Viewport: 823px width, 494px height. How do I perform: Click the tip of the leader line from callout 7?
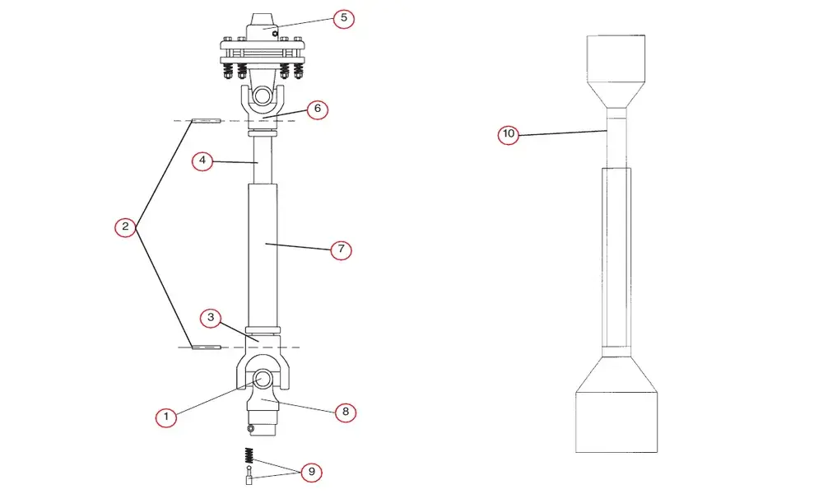coord(266,243)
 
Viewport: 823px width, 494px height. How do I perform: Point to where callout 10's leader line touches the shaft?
coord(607,130)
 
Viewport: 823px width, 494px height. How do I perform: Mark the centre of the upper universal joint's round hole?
coord(262,96)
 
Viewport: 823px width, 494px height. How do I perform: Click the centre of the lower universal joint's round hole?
coord(263,378)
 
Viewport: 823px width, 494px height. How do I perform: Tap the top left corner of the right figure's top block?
coord(587,35)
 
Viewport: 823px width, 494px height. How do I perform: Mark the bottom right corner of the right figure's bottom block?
coord(657,452)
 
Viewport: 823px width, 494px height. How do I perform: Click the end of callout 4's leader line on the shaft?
coord(258,163)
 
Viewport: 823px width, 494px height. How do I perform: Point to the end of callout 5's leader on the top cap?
coord(263,28)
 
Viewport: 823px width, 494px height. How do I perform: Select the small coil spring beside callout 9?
coord(249,455)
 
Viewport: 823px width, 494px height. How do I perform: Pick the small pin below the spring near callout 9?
coord(249,476)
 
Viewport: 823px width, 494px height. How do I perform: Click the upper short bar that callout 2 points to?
coord(207,121)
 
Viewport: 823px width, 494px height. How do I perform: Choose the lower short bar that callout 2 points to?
coord(207,347)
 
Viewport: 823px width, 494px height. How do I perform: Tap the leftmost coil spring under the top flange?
coord(228,69)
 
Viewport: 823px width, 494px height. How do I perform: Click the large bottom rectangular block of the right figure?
coord(616,422)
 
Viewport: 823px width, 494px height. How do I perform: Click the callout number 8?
coord(346,412)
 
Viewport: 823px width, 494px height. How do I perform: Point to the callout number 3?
coord(211,318)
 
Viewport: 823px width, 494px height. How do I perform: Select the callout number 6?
coord(318,110)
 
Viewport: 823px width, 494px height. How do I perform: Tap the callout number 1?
coord(166,417)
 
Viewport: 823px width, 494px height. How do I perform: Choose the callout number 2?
coord(125,226)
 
